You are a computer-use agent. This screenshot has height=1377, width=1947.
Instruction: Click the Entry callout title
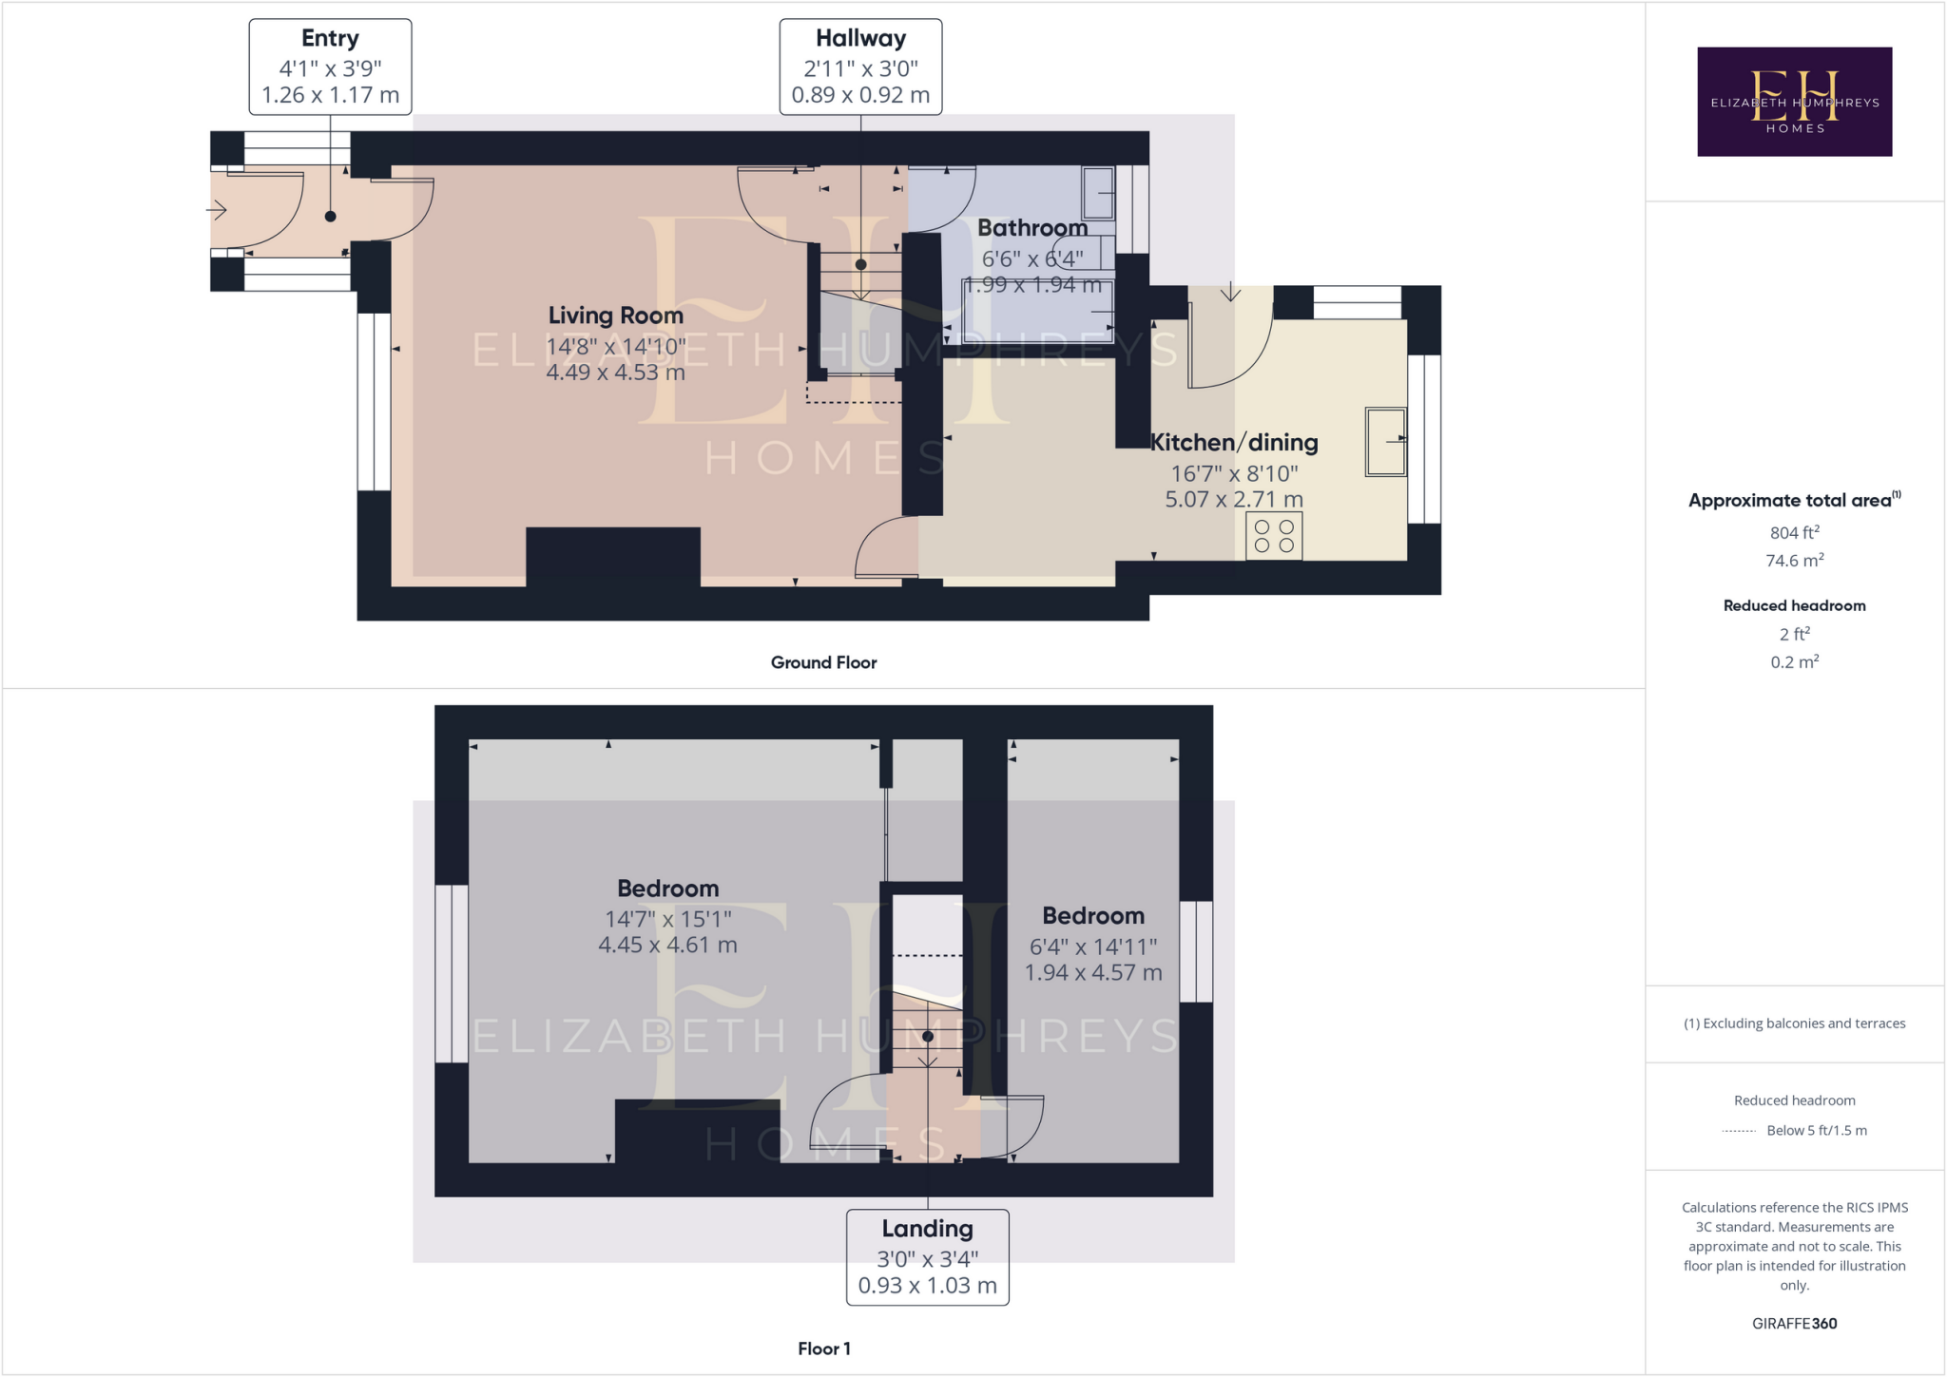coord(330,39)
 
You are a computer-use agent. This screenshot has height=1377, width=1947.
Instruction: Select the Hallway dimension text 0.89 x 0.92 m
coord(860,95)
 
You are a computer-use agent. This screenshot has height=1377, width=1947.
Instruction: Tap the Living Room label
coord(615,316)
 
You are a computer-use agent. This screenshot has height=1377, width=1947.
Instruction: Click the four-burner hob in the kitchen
coord(1274,536)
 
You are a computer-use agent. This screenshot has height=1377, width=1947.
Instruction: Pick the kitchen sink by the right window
coord(1385,441)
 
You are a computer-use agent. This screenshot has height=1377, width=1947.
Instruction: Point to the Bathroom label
coord(1032,228)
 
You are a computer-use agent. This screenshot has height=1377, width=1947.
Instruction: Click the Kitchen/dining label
coord(1234,443)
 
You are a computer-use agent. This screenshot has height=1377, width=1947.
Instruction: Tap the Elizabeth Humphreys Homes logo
coord(1794,102)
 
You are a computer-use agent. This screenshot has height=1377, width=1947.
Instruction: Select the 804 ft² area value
coord(1794,533)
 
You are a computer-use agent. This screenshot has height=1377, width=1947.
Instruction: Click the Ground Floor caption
coord(823,662)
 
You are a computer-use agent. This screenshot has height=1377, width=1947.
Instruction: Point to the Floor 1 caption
coord(823,1348)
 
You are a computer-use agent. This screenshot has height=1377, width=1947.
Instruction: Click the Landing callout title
coord(927,1229)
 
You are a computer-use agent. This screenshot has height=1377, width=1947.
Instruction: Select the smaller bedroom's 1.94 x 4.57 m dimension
coord(1092,973)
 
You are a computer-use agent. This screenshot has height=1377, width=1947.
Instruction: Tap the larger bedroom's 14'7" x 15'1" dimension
coord(667,919)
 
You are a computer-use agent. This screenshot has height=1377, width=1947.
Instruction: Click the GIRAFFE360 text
coord(1794,1324)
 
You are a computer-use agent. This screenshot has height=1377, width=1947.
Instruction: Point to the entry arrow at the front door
coord(218,209)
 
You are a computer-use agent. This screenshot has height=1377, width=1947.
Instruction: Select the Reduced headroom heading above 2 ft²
coord(1794,606)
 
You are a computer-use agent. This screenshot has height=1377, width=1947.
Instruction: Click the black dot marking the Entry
coord(330,217)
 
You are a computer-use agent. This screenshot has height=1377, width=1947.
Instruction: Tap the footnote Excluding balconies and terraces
coord(1794,1023)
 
